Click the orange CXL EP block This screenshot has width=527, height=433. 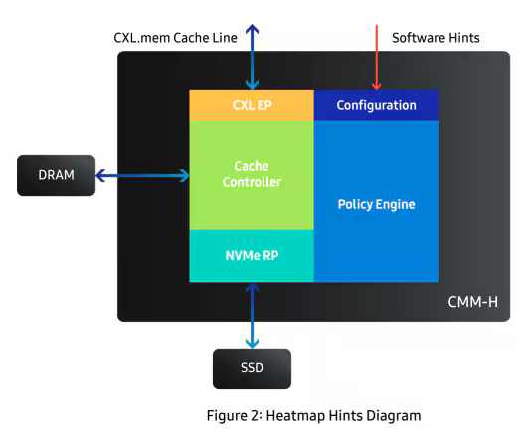click(x=252, y=105)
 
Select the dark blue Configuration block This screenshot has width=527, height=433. click(x=376, y=105)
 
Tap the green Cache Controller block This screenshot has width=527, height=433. click(x=252, y=175)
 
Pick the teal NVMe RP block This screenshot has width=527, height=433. click(x=252, y=256)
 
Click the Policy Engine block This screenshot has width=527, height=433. click(x=376, y=204)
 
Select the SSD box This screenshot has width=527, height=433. click(x=252, y=367)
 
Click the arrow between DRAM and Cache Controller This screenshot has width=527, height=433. click(x=143, y=175)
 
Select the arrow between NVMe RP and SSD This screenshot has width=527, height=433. click(x=252, y=315)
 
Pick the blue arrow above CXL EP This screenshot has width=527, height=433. click(x=252, y=56)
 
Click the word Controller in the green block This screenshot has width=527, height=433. click(x=252, y=183)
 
